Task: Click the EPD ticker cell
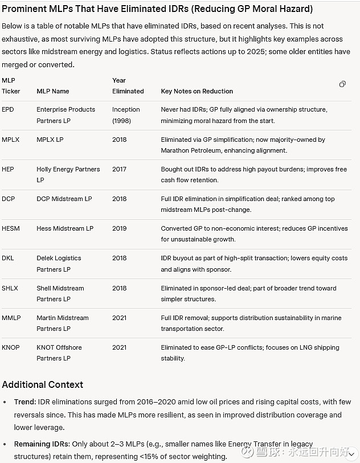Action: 9,109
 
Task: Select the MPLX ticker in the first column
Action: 10,140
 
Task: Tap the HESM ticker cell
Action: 10,228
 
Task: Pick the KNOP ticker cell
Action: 11,347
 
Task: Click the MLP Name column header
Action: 53,91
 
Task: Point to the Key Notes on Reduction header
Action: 197,91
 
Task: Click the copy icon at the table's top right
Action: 342,84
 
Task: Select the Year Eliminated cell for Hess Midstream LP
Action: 120,228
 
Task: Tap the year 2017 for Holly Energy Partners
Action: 120,169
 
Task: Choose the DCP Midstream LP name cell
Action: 64,199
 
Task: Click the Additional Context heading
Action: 43,384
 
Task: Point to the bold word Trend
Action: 25,401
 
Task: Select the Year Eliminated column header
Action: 128,85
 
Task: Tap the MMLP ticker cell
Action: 11,318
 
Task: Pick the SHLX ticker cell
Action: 10,288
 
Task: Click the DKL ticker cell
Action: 7,258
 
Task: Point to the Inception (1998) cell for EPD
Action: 126,114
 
